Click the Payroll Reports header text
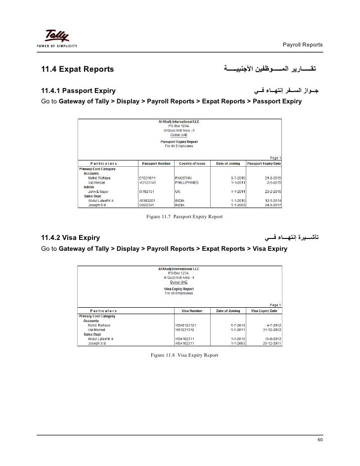[x=302, y=45]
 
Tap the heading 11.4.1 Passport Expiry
[x=79, y=92]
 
